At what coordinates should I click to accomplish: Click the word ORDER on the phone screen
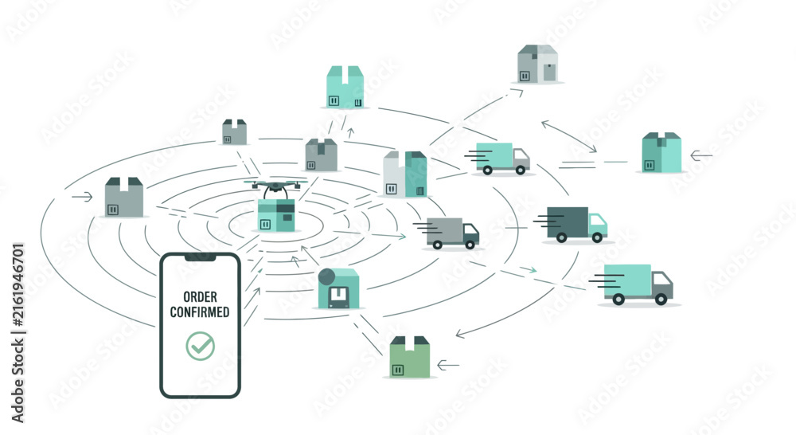pos(200,297)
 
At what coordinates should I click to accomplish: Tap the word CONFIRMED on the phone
pos(200,312)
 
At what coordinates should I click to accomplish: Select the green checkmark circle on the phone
pos(200,346)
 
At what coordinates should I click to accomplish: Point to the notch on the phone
pos(200,257)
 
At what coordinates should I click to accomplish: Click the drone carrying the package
pos(275,188)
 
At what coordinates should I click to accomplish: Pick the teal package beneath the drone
pos(276,215)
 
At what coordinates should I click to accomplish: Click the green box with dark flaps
pos(410,356)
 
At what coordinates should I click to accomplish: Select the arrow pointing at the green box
pos(447,365)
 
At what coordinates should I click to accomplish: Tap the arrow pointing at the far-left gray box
pos(82,197)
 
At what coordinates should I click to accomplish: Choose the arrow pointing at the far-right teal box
pos(701,155)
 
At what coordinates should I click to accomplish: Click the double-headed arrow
pos(569,136)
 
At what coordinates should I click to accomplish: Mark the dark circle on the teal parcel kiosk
pos(326,276)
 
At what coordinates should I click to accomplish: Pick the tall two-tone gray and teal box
pos(405,174)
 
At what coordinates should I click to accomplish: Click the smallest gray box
pos(235,132)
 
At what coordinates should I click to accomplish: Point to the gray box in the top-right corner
pos(537,64)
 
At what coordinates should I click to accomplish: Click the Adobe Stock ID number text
pos(18,284)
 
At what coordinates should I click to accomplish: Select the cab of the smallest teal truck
pos(521,159)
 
